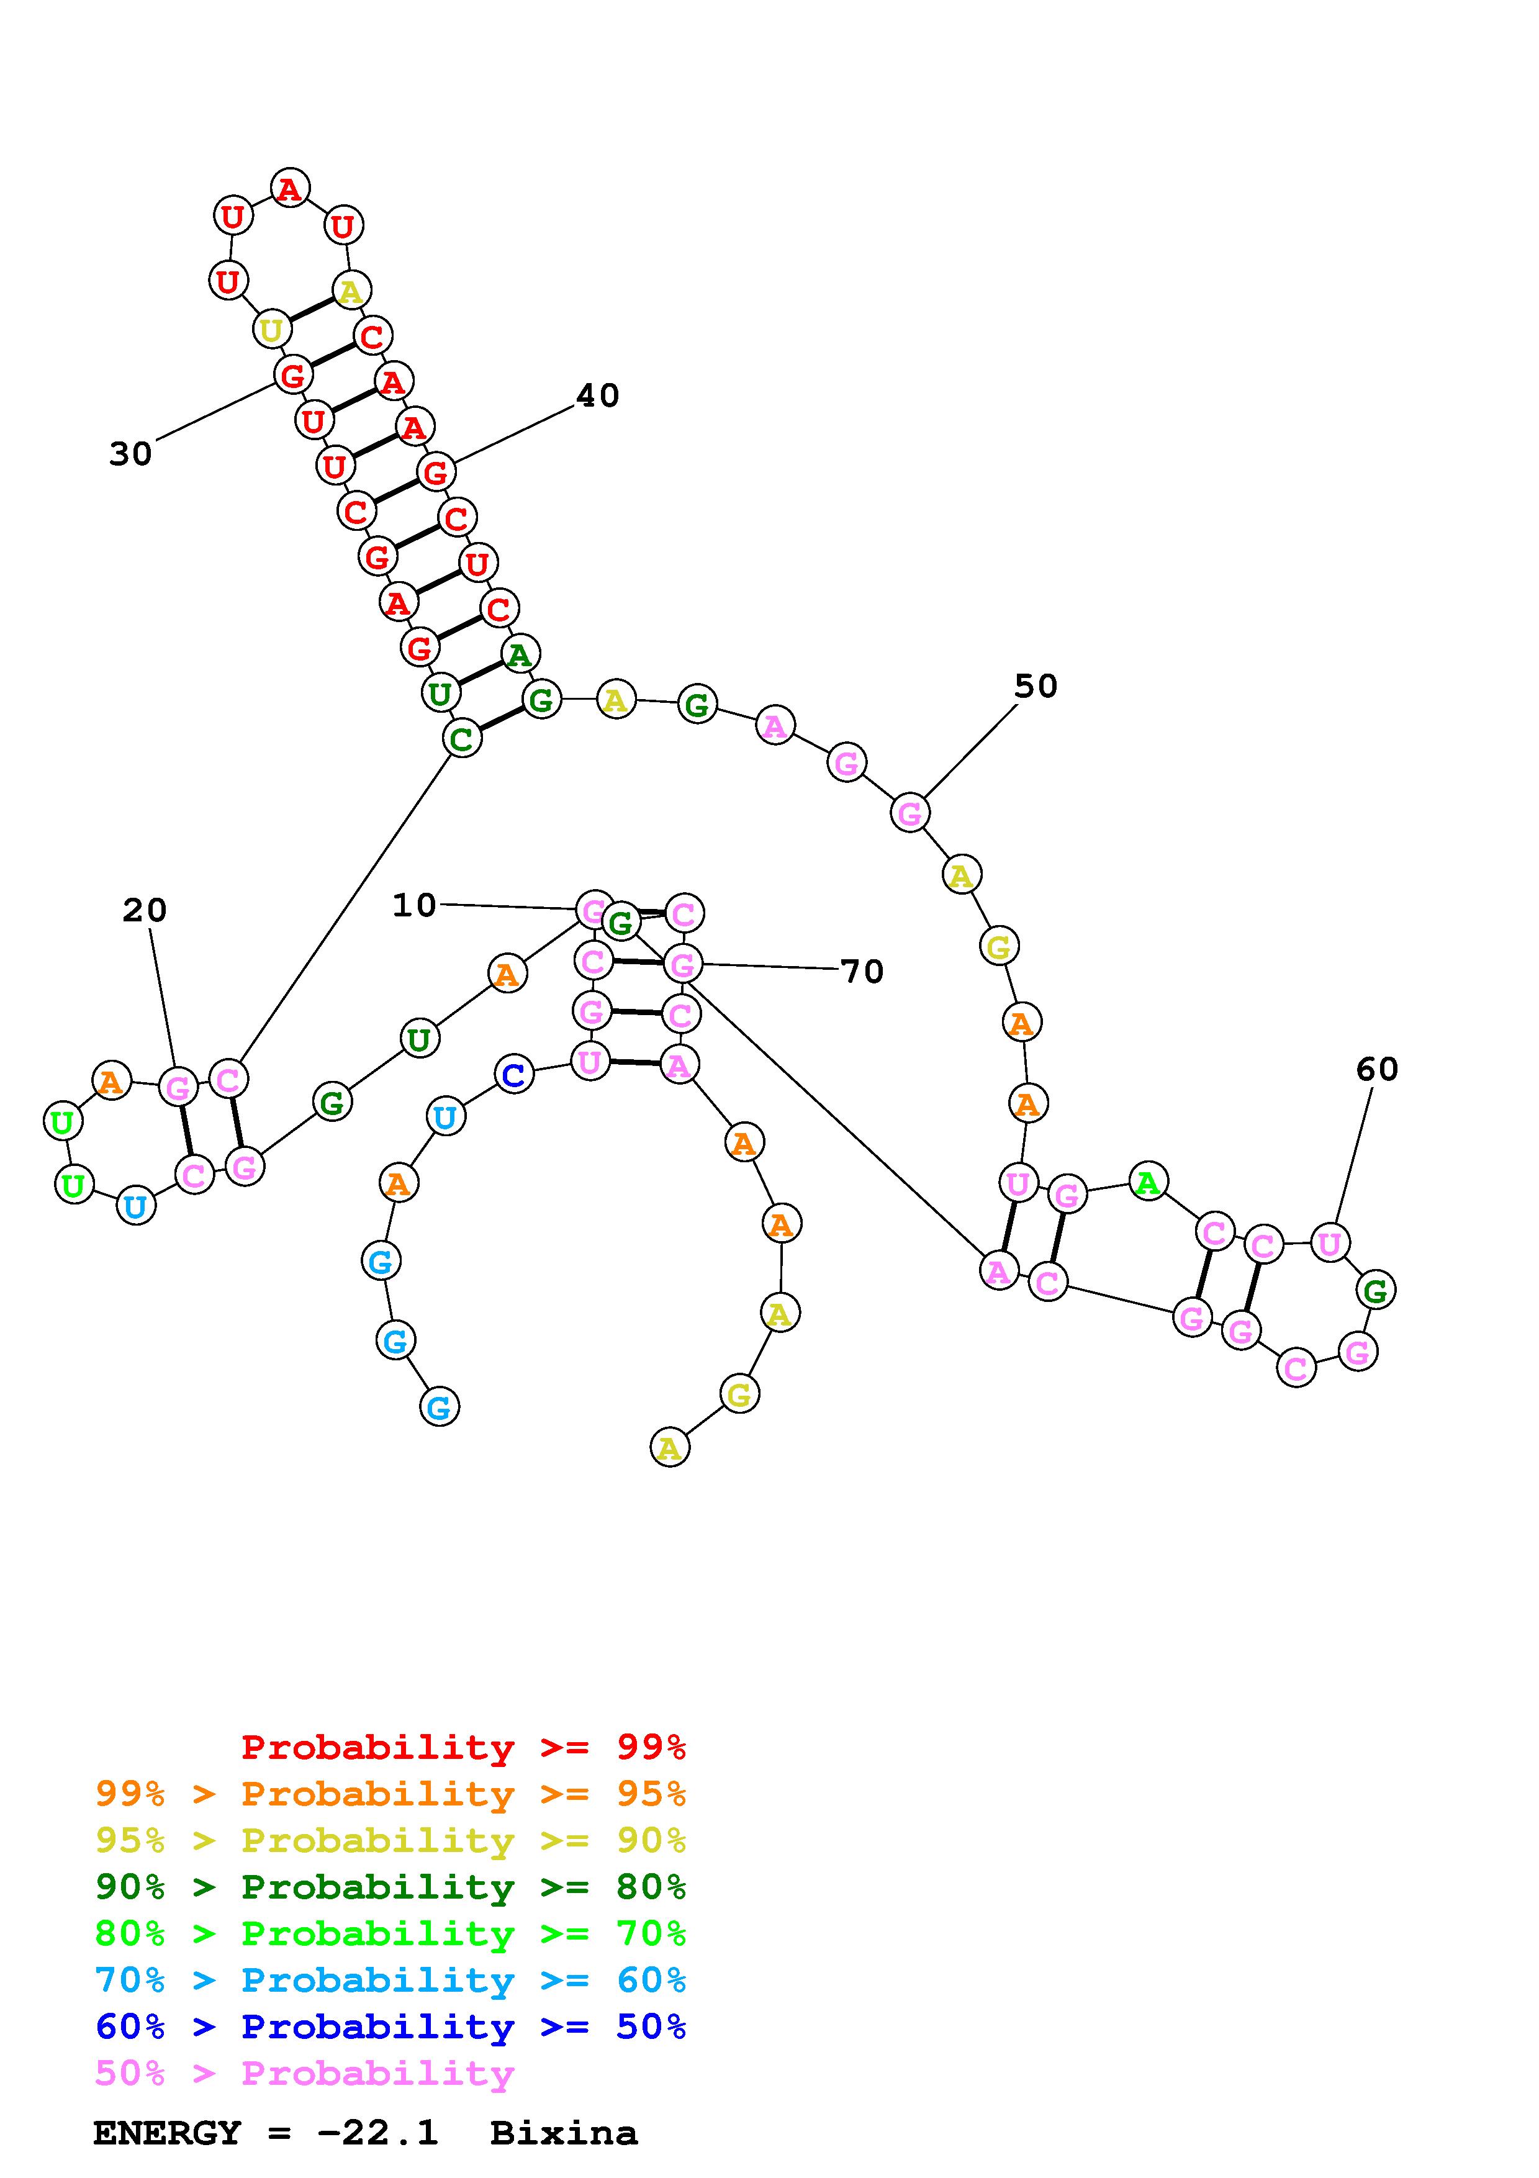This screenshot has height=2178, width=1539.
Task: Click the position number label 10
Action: point(414,905)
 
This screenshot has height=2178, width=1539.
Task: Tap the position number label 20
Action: point(144,911)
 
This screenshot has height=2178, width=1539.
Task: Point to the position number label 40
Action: point(597,395)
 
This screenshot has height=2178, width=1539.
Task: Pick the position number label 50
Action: point(1036,686)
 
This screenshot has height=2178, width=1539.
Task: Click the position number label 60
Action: point(1377,1069)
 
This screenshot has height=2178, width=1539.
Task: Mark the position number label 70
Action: point(862,972)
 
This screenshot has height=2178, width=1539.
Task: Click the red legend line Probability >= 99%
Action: point(464,1747)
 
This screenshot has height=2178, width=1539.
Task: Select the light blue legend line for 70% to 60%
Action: point(390,1981)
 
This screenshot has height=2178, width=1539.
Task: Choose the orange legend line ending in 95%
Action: point(390,1794)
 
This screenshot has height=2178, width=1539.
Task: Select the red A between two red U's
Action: point(289,188)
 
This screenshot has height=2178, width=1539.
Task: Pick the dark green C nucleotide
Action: point(462,738)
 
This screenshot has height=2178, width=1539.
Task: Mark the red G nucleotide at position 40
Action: point(435,471)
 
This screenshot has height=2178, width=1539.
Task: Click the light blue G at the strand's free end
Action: point(439,1407)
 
